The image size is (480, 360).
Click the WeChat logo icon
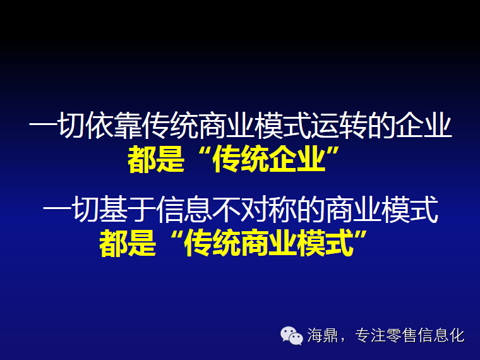tap(291, 335)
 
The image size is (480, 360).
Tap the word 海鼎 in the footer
tap(322, 335)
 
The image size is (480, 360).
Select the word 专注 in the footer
tap(370, 335)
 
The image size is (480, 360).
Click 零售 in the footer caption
tap(402, 335)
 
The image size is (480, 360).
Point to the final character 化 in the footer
tap(457, 335)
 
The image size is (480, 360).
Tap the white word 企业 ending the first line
tap(423, 125)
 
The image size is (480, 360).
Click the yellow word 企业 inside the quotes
tap(296, 160)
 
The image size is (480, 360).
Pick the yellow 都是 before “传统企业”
tap(156, 160)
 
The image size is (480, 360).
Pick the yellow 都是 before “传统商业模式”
tap(128, 243)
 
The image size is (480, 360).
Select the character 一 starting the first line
tap(43, 125)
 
